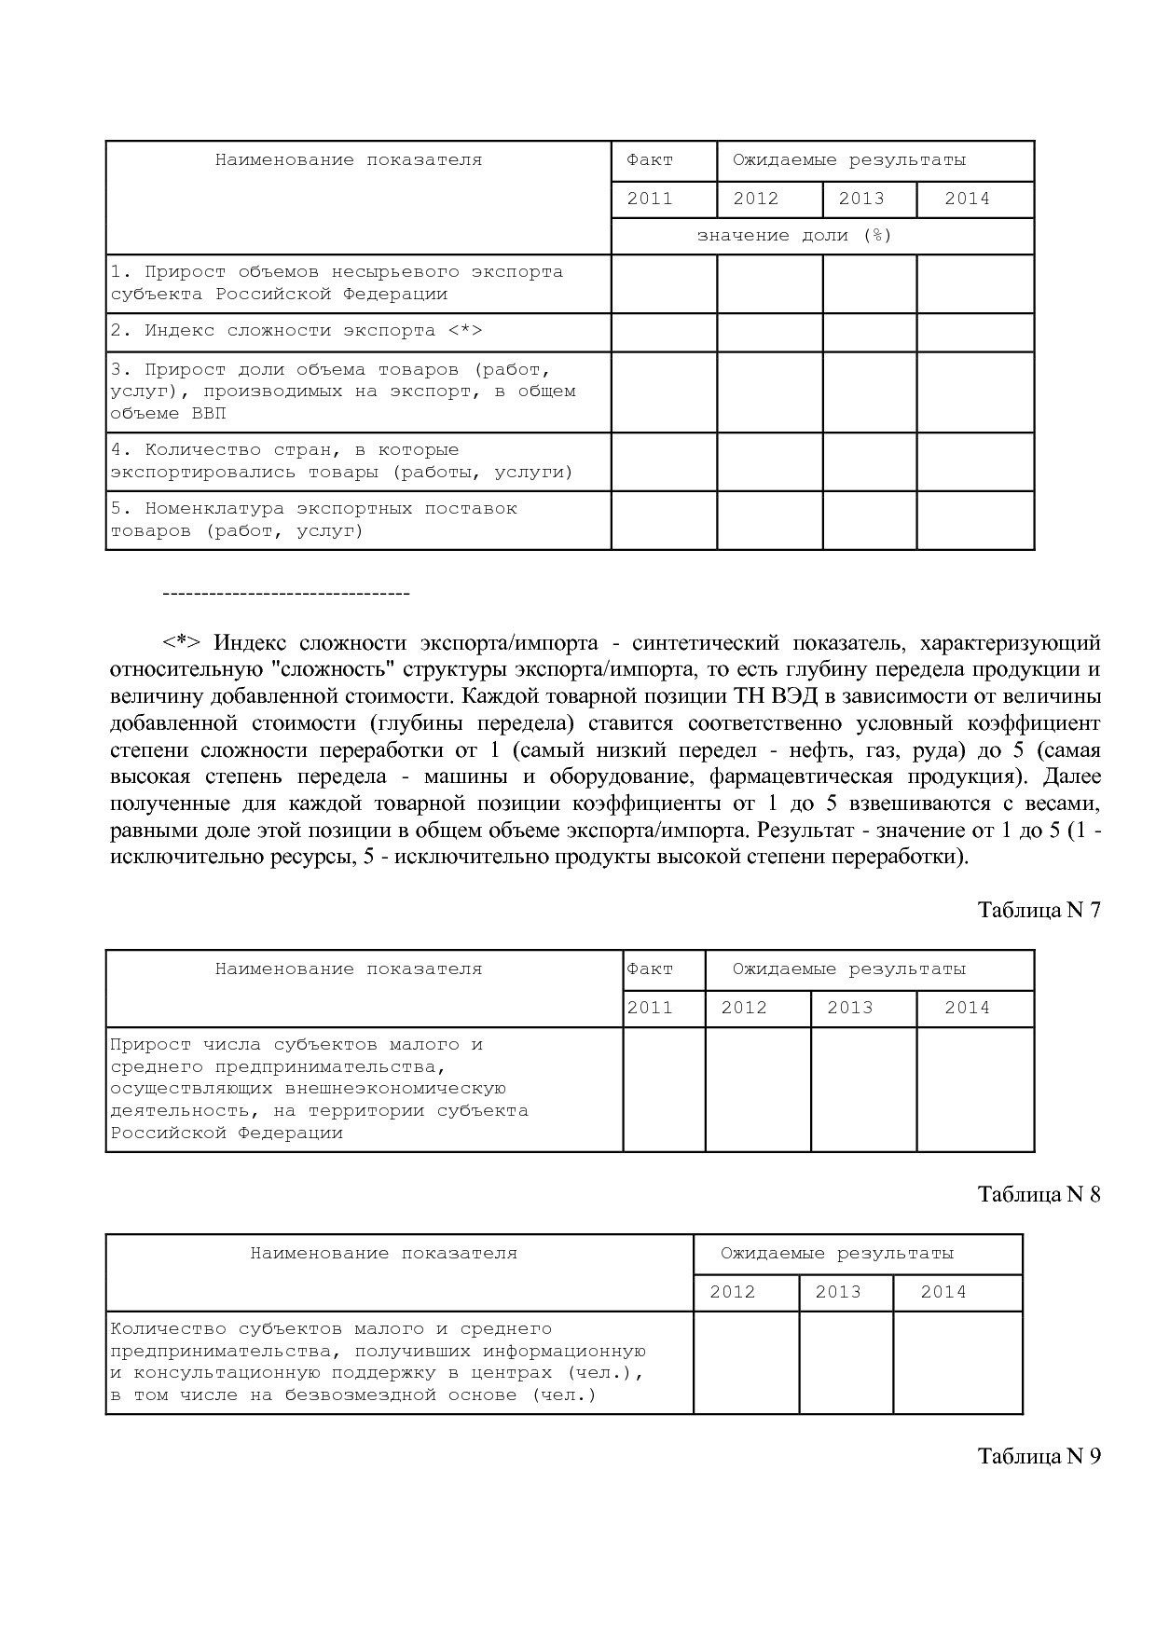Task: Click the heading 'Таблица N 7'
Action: pyautogui.click(x=1039, y=910)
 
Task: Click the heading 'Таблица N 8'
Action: pyautogui.click(x=1039, y=1194)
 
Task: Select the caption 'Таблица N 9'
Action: pyautogui.click(x=1039, y=1456)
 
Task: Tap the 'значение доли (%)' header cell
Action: pyautogui.click(x=794, y=236)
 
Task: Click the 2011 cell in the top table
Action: pyautogui.click(x=650, y=199)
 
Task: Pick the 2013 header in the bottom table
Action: pyautogui.click(x=837, y=1292)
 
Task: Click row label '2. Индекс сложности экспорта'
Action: pyautogui.click(x=296, y=331)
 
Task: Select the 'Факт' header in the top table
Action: pyautogui.click(x=650, y=160)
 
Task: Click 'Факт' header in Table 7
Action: pyautogui.click(x=650, y=969)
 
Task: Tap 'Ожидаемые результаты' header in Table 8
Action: pyautogui.click(x=837, y=1254)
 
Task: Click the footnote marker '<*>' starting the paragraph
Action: pyautogui.click(x=181, y=643)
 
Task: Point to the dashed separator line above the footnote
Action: pyautogui.click(x=286, y=594)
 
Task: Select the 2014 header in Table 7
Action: pyautogui.click(x=967, y=1008)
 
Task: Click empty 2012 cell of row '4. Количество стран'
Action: pyautogui.click(x=769, y=461)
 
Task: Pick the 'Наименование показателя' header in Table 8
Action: pyautogui.click(x=383, y=1254)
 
